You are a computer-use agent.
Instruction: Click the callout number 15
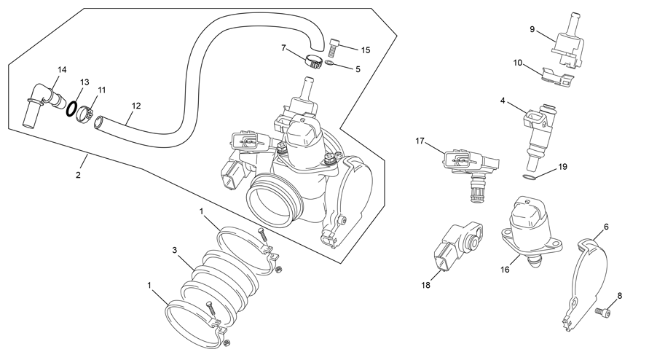click(x=365, y=50)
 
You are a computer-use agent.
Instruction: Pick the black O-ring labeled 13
click(x=73, y=109)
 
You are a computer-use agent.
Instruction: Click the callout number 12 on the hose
click(x=135, y=105)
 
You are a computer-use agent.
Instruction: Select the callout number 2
click(x=79, y=175)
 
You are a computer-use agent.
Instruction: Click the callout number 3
click(x=175, y=250)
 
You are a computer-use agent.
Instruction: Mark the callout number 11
click(x=101, y=90)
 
